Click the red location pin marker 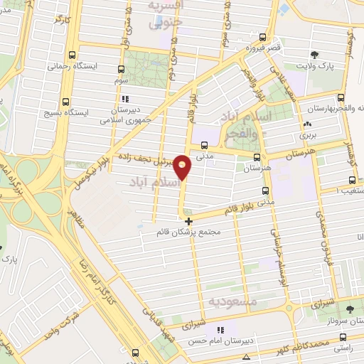183,167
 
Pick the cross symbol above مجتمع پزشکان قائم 188,222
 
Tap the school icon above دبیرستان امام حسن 221,329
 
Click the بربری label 306,134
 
